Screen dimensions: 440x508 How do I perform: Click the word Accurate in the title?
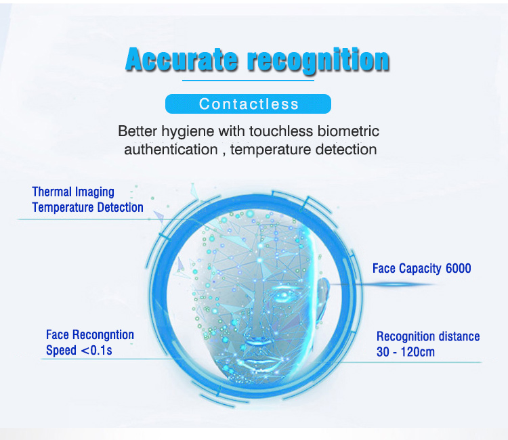[x=182, y=60]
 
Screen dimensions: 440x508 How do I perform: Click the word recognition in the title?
[x=318, y=61]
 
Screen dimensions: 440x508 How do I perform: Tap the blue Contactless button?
[x=248, y=104]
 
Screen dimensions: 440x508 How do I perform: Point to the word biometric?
[x=349, y=131]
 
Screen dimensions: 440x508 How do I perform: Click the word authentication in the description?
[x=171, y=150]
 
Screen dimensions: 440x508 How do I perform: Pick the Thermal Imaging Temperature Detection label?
[x=87, y=200]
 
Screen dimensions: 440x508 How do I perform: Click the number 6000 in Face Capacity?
[x=458, y=269]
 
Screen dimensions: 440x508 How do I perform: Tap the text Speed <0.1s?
[x=79, y=351]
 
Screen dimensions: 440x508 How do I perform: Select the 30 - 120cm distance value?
[x=406, y=352]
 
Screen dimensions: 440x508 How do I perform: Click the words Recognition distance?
[x=428, y=336]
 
